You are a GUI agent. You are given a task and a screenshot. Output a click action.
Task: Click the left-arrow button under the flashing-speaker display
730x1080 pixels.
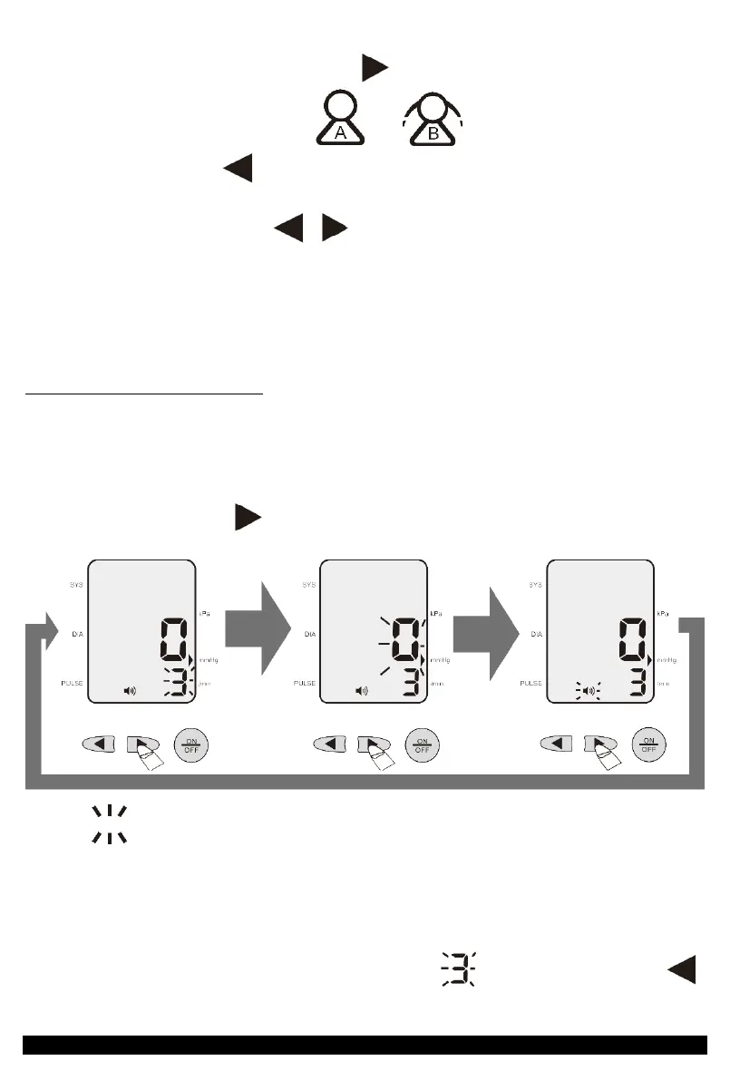[x=557, y=744]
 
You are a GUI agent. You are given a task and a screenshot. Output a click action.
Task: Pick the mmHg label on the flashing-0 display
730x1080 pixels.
[x=442, y=659]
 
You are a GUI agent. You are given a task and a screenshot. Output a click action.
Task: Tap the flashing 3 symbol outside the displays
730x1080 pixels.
[x=459, y=968]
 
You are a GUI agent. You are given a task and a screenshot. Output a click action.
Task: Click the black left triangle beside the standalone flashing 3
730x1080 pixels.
[x=684, y=968]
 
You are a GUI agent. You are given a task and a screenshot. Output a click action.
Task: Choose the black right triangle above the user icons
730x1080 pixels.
[x=375, y=67]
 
